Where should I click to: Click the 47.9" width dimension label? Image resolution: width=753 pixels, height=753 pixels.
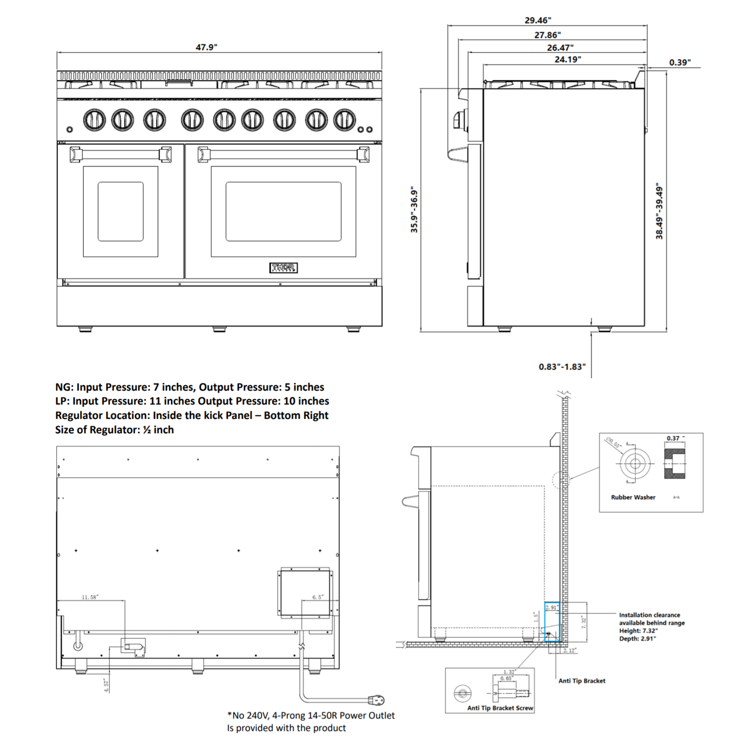206,47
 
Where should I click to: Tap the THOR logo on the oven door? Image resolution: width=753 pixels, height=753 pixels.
283,268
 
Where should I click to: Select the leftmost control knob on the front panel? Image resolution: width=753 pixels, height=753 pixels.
94,120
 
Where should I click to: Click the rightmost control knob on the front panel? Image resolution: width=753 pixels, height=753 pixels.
344,120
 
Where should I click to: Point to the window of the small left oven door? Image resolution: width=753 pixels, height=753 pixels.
120,211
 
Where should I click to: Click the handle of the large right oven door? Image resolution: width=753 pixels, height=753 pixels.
283,155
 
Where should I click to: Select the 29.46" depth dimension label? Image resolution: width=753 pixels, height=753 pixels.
538,20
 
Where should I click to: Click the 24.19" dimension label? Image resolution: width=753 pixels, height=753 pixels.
567,59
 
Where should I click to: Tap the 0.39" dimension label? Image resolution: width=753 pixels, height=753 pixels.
679,62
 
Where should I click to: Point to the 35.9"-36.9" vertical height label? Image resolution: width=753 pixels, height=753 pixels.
414,210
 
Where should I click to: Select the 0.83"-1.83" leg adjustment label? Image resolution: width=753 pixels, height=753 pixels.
562,367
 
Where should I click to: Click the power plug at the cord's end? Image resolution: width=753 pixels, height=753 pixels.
377,700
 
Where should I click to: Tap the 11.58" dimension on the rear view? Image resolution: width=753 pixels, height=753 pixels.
90,597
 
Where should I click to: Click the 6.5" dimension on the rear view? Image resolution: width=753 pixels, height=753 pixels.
318,597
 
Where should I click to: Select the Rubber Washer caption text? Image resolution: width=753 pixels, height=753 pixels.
633,497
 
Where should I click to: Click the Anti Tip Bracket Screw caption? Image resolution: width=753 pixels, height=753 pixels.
500,708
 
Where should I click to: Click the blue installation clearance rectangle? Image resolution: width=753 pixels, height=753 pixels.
552,622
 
